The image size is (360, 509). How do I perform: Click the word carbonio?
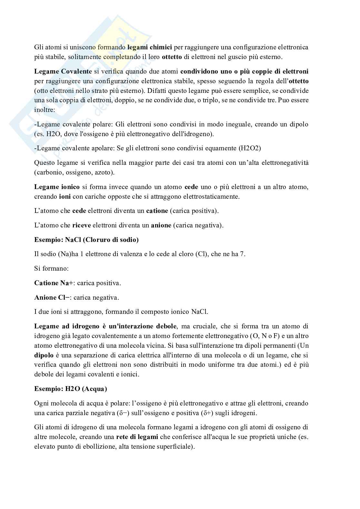click(49, 172)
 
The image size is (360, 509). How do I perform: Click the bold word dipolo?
click(44, 355)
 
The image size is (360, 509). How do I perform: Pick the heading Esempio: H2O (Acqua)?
click(71, 389)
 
